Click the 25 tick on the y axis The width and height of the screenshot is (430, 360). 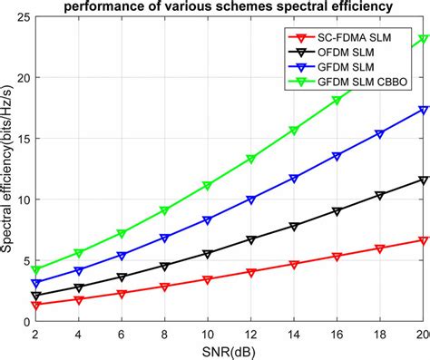pos(22,17)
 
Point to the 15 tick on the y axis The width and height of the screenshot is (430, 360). pos(22,139)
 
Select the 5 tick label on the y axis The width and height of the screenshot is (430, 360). pos(24,260)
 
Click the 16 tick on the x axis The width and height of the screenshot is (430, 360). pos(337,334)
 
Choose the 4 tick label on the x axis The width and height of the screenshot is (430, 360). pos(78,334)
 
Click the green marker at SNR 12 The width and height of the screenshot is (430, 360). pos(250,159)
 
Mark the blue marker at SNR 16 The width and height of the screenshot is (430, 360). pos(337,156)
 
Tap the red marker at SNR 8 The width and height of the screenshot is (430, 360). pos(164,287)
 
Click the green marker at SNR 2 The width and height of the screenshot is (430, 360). pos(35,270)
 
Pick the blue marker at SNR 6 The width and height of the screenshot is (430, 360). pos(122,256)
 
